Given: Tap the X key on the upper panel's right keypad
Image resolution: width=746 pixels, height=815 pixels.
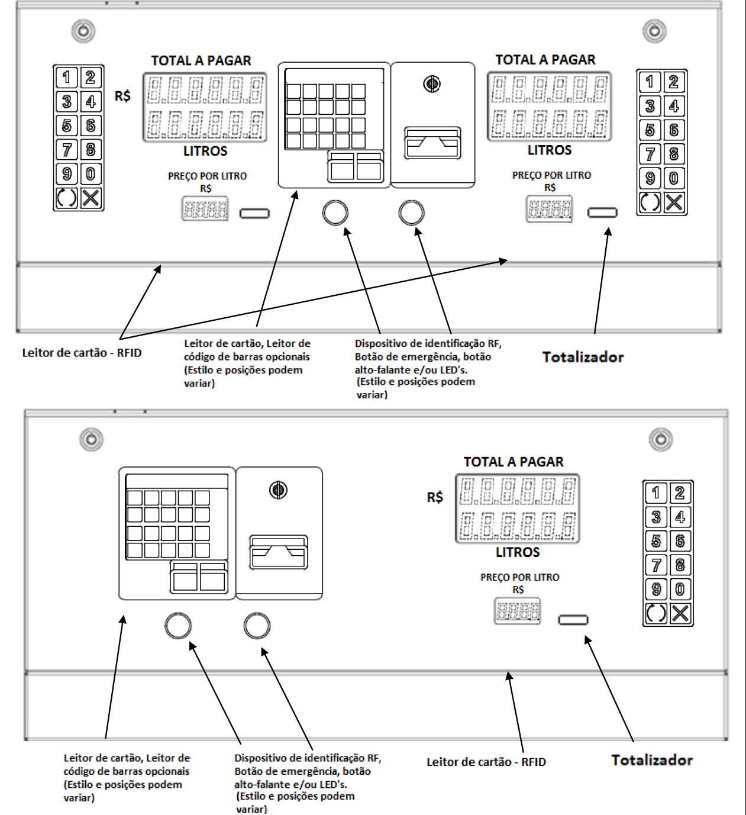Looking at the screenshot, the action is (x=674, y=202).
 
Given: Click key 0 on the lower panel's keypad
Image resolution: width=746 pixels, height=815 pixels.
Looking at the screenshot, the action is (x=680, y=589).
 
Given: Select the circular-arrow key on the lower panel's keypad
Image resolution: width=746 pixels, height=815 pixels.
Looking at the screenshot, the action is (x=656, y=613).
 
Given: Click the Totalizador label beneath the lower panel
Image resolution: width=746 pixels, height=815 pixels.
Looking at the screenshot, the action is (x=652, y=760).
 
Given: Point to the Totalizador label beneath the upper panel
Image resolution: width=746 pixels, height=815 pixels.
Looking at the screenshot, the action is (x=583, y=357).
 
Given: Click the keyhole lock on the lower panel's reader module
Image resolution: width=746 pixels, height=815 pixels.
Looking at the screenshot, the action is (x=278, y=489).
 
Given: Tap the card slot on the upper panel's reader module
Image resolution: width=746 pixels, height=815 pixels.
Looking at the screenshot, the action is (x=432, y=143).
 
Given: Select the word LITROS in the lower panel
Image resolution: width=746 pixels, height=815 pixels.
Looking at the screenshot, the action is (x=518, y=552).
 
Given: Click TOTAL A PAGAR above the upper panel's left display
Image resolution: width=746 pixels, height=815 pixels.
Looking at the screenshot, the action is (x=201, y=60).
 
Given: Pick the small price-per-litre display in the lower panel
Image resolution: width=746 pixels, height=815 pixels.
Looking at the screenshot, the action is (x=517, y=611).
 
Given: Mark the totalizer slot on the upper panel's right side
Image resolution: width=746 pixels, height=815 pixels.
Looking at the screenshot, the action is (x=602, y=212).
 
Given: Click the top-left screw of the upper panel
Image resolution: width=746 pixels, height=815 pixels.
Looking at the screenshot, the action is (x=83, y=31).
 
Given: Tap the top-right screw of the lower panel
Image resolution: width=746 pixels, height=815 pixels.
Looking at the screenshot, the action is (x=661, y=439).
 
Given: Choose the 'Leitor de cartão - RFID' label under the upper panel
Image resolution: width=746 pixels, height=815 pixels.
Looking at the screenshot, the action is (x=82, y=353).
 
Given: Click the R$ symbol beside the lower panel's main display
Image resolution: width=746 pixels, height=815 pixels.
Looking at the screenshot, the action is (x=435, y=497).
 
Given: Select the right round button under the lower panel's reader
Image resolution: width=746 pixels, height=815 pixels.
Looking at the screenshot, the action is (x=257, y=625).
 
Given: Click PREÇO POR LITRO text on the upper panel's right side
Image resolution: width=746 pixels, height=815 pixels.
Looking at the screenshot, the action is (x=551, y=175).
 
